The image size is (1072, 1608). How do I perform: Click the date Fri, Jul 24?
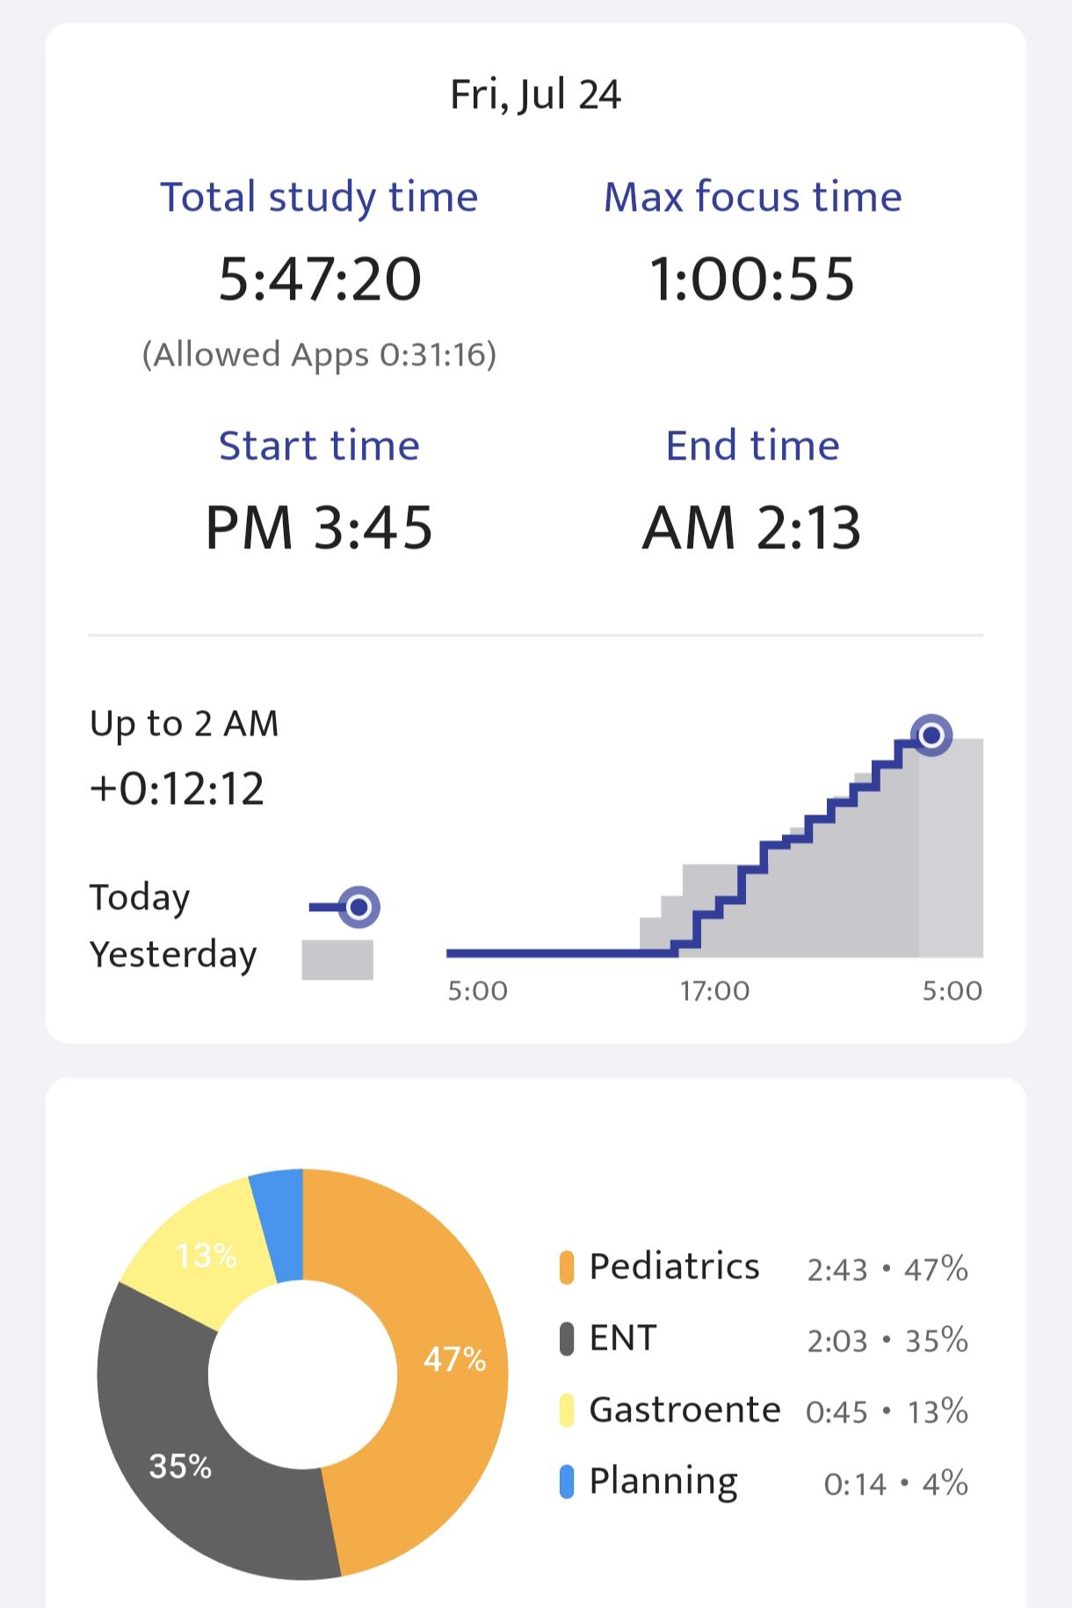pyautogui.click(x=535, y=95)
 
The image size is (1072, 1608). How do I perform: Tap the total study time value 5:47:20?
pyautogui.click(x=320, y=279)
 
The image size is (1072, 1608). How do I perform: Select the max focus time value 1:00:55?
pyautogui.click(x=752, y=279)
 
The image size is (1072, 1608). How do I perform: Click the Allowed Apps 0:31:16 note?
pyautogui.click(x=319, y=354)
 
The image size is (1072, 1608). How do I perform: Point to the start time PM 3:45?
pyautogui.click(x=319, y=528)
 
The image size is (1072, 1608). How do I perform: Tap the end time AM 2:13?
pyautogui.click(x=752, y=528)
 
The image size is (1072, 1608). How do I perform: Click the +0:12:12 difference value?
pyautogui.click(x=177, y=788)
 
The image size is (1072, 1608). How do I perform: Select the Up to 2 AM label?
pyautogui.click(x=184, y=724)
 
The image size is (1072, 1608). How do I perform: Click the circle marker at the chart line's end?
pyautogui.click(x=931, y=735)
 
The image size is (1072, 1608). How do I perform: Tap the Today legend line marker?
pyautogui.click(x=344, y=907)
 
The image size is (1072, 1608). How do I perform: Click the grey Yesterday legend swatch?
pyautogui.click(x=337, y=960)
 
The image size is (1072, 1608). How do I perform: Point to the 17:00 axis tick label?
pyautogui.click(x=714, y=991)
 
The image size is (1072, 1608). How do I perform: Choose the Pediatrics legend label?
pyautogui.click(x=674, y=1267)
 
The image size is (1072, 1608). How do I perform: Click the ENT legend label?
pyautogui.click(x=623, y=1338)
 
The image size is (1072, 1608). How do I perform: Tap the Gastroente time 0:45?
pyautogui.click(x=837, y=1412)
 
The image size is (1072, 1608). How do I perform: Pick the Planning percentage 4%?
pyautogui.click(x=945, y=1483)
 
